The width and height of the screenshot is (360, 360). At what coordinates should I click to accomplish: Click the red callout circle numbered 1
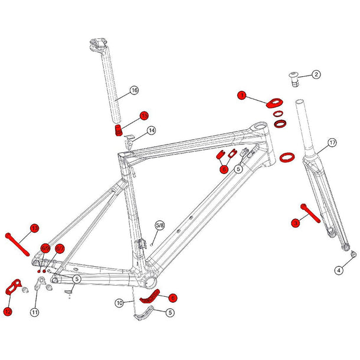click(x=241, y=94)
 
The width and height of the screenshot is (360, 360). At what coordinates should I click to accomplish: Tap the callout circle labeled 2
click(x=316, y=74)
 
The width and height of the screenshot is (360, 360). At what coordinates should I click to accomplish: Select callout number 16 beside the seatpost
click(x=134, y=90)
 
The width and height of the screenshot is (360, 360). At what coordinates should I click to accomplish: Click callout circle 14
click(x=152, y=130)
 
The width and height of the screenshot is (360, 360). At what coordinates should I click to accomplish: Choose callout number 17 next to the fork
click(x=332, y=143)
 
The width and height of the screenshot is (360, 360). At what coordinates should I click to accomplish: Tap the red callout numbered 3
click(x=296, y=222)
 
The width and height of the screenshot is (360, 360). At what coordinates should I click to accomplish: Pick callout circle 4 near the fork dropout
click(x=339, y=270)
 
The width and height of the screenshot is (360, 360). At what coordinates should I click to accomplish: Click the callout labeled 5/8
click(x=159, y=225)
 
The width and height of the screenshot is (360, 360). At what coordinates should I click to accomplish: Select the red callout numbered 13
click(x=34, y=228)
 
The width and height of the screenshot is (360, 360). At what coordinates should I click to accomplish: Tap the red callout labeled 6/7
click(x=60, y=249)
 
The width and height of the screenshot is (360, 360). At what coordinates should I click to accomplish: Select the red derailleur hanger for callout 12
click(x=12, y=287)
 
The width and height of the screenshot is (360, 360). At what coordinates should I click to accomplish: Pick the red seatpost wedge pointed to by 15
click(x=120, y=129)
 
